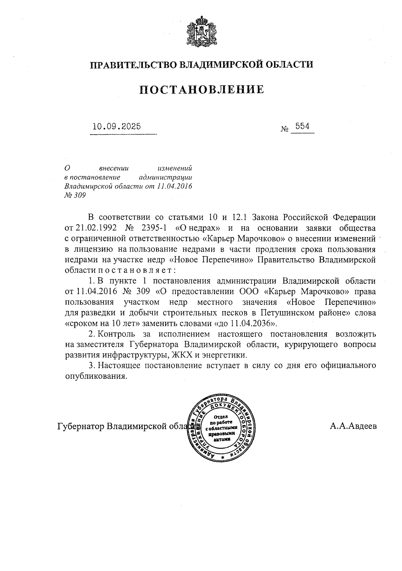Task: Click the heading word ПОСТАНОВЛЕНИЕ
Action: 201,90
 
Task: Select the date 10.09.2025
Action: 117,127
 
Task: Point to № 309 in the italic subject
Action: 75,195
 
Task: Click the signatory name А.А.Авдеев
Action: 353,426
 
